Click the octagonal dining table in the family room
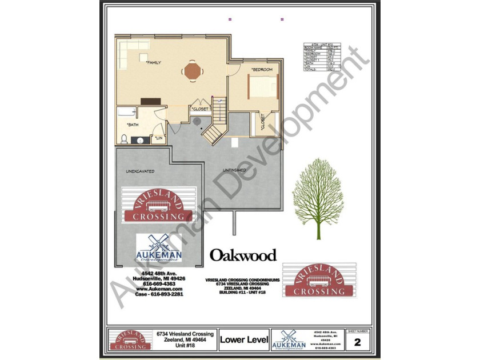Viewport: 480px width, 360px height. (x=192, y=71)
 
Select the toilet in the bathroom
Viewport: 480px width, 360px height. (x=123, y=138)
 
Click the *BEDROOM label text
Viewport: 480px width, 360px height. (x=262, y=70)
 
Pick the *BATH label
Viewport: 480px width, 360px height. (x=132, y=125)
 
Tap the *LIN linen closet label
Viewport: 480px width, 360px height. (x=158, y=138)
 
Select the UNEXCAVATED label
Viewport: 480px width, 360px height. (x=140, y=171)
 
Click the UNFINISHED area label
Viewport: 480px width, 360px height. (x=234, y=170)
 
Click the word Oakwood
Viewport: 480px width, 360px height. (x=243, y=255)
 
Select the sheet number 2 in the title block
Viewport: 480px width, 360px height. (x=358, y=342)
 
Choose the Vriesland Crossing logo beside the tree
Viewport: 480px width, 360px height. (x=319, y=280)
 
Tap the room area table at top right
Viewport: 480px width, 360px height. (x=322, y=57)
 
